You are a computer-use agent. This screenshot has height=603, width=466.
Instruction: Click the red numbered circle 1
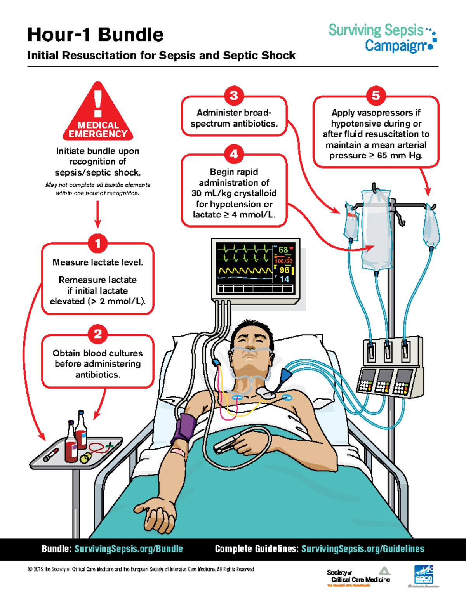click(97, 243)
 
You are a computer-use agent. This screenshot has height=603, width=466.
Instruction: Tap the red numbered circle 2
click(97, 334)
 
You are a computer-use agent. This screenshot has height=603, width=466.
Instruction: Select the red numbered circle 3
click(234, 96)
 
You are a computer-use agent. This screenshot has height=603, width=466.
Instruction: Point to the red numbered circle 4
click(234, 155)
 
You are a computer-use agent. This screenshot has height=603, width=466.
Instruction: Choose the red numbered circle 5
click(376, 96)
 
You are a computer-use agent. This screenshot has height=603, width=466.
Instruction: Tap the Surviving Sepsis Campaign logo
click(382, 38)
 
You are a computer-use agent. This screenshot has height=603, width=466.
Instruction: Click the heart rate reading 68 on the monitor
click(283, 250)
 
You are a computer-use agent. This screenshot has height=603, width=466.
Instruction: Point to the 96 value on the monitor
click(284, 270)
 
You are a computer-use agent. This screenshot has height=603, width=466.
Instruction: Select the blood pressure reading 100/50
click(283, 261)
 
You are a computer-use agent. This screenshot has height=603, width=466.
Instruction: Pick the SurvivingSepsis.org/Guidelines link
click(363, 549)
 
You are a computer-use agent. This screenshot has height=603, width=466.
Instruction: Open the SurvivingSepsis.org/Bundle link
click(129, 549)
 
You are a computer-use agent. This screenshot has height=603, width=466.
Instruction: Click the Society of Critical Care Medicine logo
click(359, 576)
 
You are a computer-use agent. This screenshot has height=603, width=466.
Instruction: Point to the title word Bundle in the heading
click(131, 35)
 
